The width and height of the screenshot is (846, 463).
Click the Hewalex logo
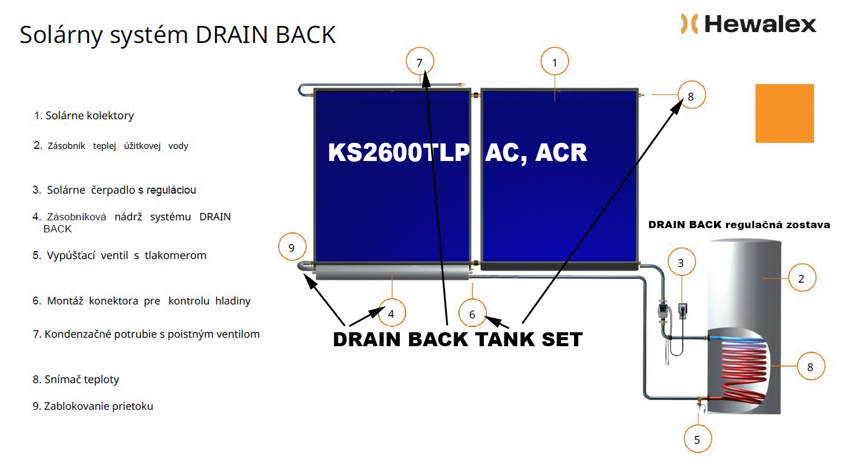coord(748,24)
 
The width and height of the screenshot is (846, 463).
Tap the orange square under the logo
coord(784,113)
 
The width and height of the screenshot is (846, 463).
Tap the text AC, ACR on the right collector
coord(536,154)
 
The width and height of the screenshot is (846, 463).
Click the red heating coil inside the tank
coord(743,372)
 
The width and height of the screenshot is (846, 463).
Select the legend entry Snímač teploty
coord(76,379)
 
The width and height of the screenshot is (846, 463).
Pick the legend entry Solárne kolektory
coord(84,116)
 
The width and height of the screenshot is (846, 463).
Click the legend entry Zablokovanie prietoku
coord(93,406)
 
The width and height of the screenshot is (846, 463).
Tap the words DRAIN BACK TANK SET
coord(458,340)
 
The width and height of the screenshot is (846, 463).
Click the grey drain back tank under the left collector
coord(393,272)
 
